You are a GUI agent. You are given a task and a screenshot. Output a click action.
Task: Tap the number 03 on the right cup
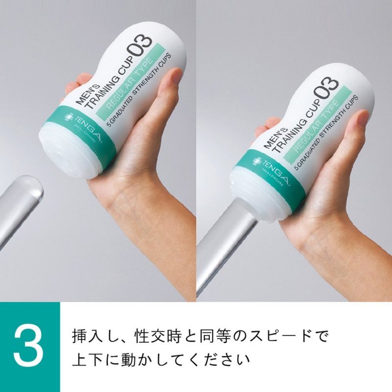click(326, 88)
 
